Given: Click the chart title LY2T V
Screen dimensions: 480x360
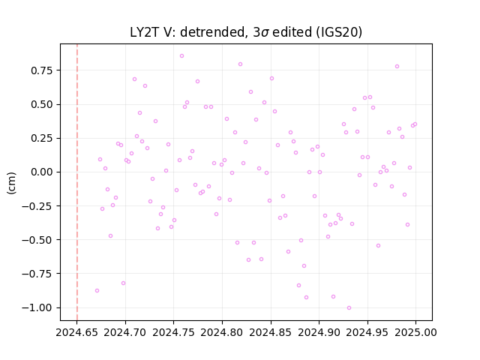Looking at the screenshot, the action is pos(151,32).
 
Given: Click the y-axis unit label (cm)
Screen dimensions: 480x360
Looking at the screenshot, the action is pos(11,183).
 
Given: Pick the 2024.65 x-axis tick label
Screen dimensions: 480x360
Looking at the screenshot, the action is pos(76,332).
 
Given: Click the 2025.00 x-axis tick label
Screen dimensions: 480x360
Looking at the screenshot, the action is pos(415,332).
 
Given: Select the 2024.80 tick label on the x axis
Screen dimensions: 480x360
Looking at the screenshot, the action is pos(222,332).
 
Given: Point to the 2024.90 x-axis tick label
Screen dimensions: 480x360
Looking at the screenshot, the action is pos(319,332).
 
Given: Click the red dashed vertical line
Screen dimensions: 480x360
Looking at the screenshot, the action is pos(77,182).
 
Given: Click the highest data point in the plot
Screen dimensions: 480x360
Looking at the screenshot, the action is pos(181,56).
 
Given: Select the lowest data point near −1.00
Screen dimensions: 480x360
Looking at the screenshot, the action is pos(349,308).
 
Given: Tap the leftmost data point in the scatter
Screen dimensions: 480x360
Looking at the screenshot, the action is pos(97,290).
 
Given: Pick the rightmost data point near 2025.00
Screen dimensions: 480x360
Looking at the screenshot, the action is pos(415,124).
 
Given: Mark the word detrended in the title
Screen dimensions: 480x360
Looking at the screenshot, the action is pos(214,32).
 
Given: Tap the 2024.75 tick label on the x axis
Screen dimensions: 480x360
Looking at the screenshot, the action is pos(173,332).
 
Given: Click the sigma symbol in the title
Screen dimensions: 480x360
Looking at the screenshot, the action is pos(265,33).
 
